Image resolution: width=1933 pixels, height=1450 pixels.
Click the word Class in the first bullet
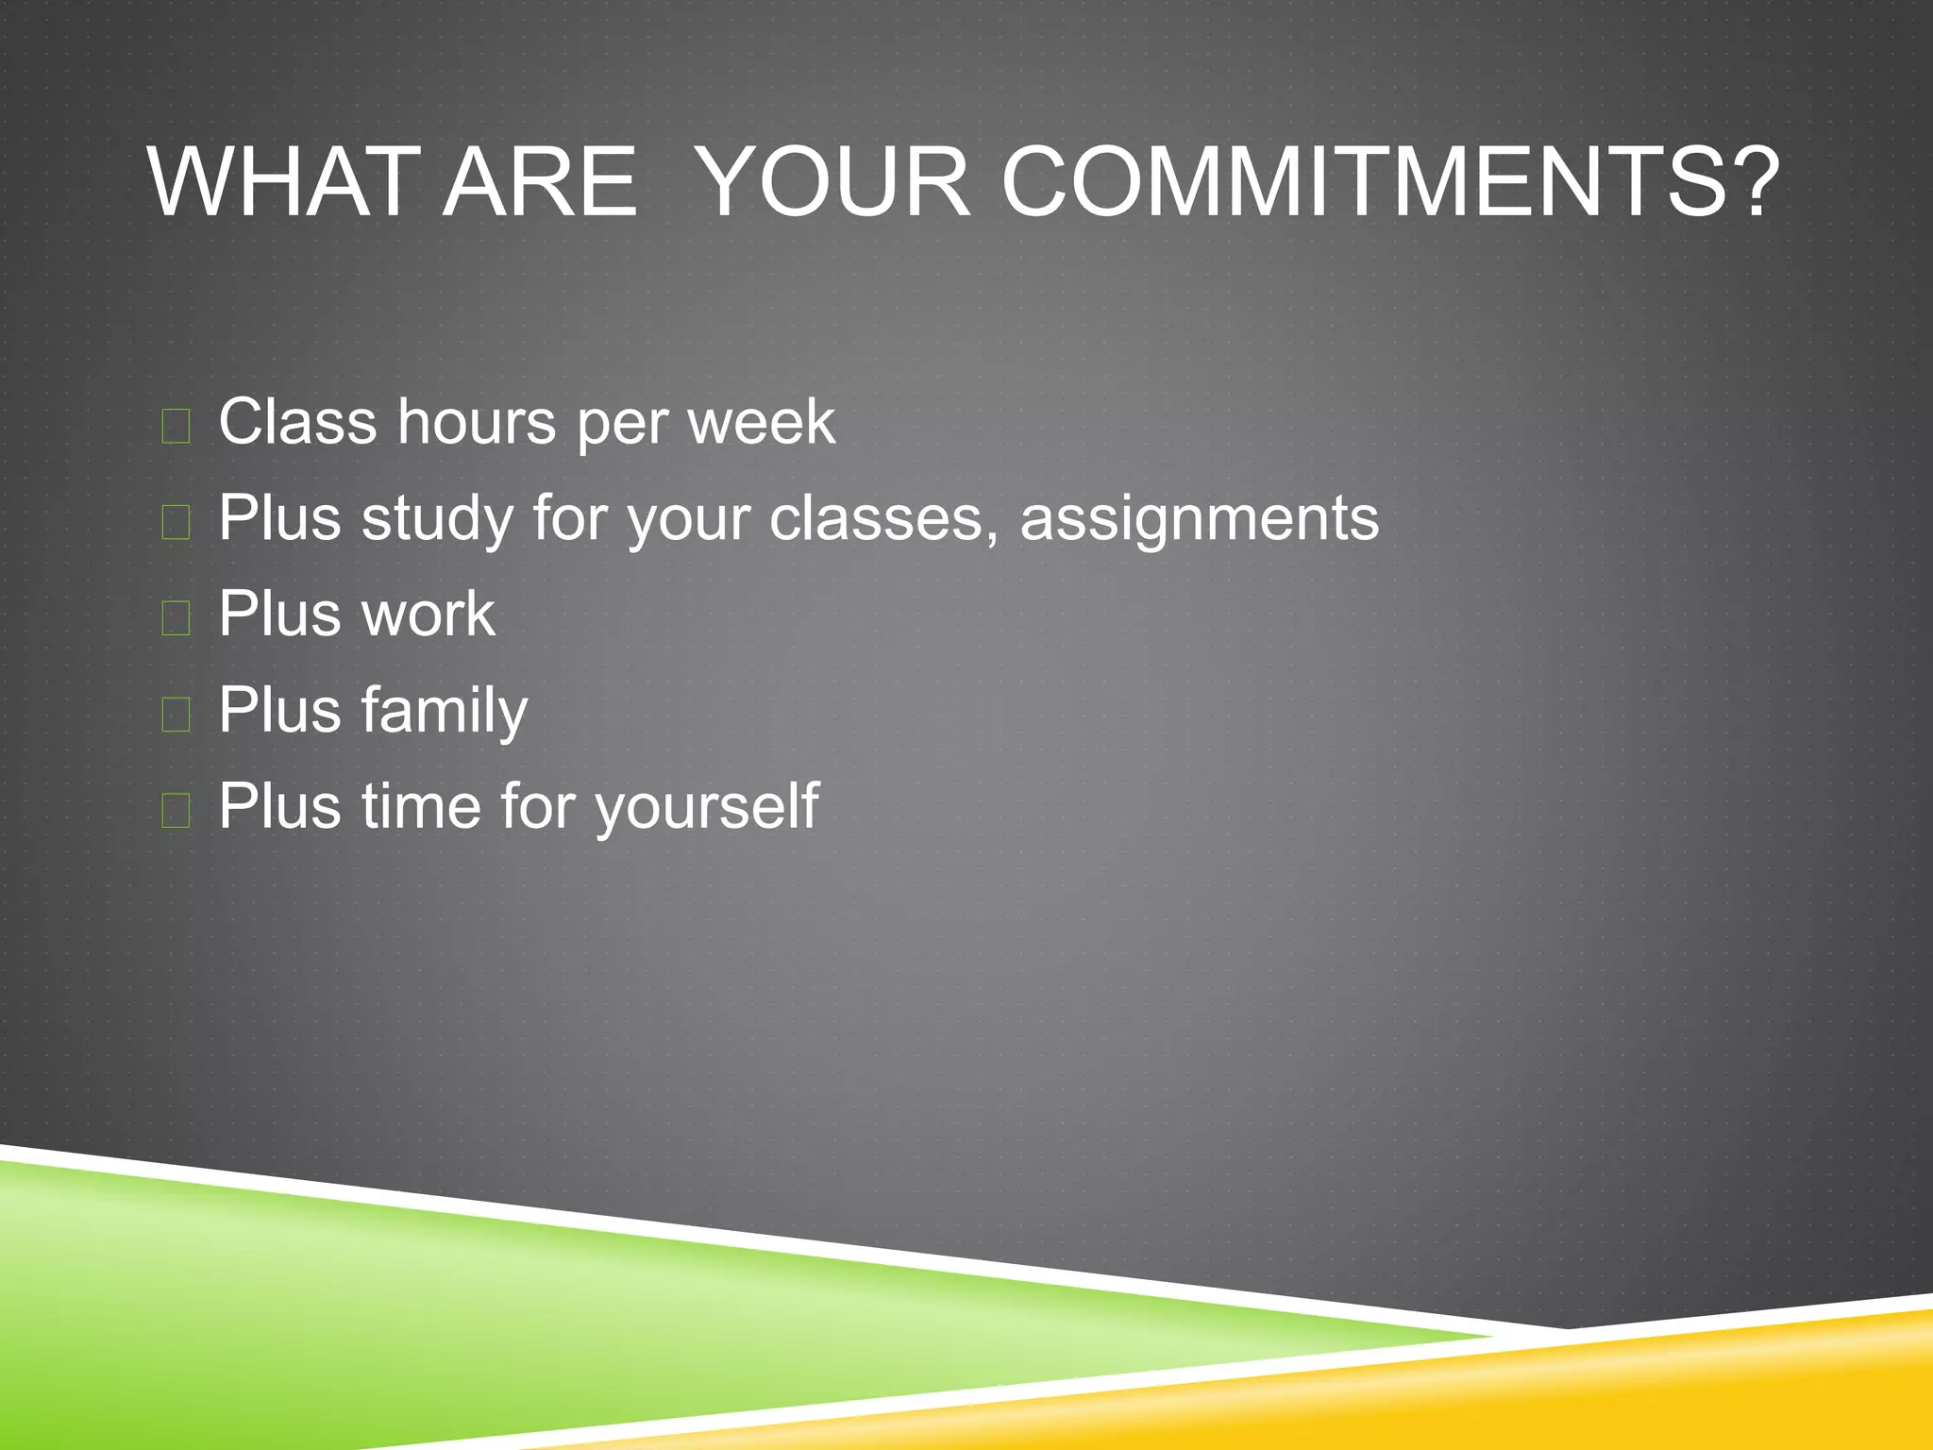coord(297,421)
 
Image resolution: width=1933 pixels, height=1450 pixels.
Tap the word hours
coord(477,421)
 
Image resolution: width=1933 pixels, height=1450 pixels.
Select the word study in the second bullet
coord(437,519)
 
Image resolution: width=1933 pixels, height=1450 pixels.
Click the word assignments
coord(1199,519)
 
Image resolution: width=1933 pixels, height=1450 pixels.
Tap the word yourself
coord(707,807)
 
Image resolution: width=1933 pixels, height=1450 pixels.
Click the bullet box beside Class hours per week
coord(176,426)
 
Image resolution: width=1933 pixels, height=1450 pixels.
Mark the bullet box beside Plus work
coord(176,618)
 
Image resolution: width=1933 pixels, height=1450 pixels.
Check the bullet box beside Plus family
coord(176,715)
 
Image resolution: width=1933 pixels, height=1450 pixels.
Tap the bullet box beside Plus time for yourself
coord(176,811)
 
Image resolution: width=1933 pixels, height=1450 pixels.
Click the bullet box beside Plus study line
coord(176,522)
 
